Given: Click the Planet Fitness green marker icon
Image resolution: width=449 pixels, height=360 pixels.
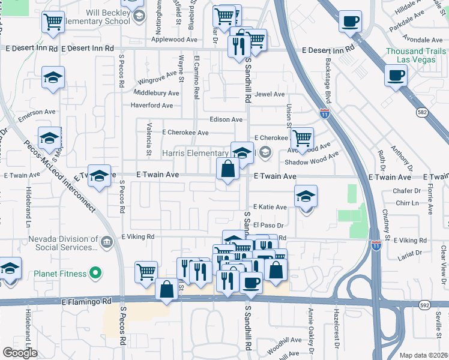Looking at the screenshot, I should pos(95,274).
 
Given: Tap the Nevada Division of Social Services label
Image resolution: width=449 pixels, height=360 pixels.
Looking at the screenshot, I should pos(63,242).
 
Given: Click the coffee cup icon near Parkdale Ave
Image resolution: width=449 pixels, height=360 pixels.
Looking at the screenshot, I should pos(350,22).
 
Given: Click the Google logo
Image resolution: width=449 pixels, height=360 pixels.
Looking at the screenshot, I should pos(20,353).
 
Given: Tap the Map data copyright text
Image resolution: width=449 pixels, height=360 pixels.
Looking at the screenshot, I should pos(423,355).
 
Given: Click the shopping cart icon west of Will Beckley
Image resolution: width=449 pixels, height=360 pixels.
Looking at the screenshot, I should pos(53,22).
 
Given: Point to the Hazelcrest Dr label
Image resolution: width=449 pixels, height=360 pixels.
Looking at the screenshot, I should pos(337,330).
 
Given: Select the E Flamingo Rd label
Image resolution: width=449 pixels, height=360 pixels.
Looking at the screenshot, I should pos(86,301).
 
